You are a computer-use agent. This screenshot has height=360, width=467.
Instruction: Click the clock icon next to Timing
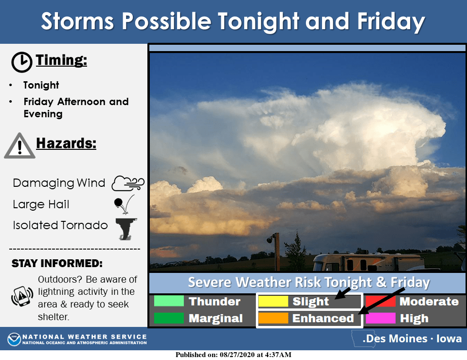click(22, 62)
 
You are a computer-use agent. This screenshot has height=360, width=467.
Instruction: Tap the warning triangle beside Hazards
click(19, 145)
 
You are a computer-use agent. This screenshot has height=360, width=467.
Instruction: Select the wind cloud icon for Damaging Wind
click(128, 183)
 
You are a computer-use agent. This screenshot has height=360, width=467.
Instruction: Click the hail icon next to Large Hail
click(124, 204)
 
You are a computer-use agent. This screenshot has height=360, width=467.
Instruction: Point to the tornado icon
click(126, 229)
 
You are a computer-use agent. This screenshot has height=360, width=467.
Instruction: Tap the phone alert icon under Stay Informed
click(22, 296)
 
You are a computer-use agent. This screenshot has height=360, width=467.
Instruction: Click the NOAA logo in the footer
click(14, 339)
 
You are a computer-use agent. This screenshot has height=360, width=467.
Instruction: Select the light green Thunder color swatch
click(169, 301)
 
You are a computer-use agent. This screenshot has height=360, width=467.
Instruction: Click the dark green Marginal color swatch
click(169, 318)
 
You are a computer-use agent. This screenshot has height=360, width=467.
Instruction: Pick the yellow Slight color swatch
click(273, 301)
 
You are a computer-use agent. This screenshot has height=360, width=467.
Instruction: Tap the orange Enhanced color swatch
click(273, 318)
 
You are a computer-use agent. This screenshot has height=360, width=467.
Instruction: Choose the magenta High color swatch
click(380, 318)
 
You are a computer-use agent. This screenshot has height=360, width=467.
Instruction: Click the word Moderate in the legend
click(429, 301)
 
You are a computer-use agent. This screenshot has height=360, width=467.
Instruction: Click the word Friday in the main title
click(391, 21)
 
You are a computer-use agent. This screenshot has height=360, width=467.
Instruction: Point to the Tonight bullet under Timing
click(41, 85)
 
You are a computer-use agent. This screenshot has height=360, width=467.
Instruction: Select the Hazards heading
click(66, 143)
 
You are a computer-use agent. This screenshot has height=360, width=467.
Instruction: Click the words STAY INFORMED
click(57, 263)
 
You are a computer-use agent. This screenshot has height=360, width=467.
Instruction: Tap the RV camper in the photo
click(369, 262)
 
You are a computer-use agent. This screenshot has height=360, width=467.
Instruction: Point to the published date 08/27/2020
click(237, 355)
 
